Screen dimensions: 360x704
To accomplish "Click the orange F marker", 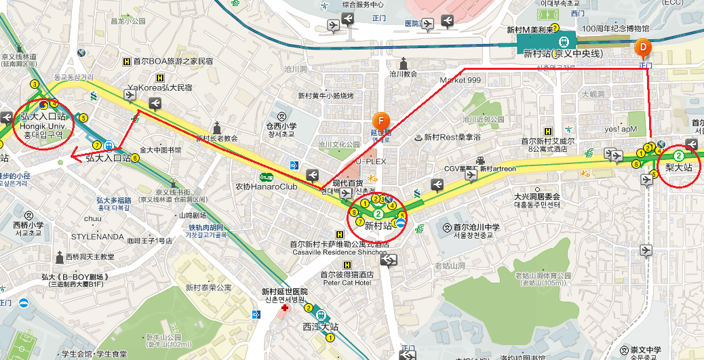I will (x=381, y=121).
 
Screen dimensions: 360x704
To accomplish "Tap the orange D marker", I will (x=644, y=47).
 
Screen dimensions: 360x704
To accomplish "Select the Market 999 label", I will (x=460, y=80).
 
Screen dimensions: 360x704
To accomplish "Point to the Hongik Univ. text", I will (x=42, y=125).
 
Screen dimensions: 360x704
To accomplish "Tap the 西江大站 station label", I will (x=320, y=327).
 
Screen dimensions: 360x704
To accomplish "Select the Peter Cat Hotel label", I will (x=348, y=282).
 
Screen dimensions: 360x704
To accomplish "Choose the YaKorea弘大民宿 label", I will (x=159, y=87).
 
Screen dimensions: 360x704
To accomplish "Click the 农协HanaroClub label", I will (x=267, y=186).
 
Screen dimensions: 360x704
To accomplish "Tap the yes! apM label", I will (x=621, y=129).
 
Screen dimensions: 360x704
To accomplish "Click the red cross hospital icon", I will (x=285, y=308).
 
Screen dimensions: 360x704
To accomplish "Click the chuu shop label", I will (x=92, y=218).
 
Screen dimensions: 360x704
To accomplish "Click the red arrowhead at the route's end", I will (x=75, y=153).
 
